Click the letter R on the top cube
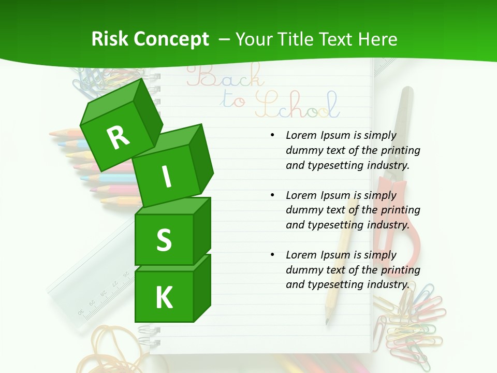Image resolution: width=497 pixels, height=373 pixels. [x=118, y=137]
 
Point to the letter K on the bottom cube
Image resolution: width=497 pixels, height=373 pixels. [x=164, y=298]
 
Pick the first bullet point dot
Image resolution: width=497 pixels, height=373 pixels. [x=272, y=136]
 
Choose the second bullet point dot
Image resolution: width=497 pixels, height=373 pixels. [x=272, y=195]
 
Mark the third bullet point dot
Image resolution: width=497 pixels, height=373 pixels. [x=272, y=255]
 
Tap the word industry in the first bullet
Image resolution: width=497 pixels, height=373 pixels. [x=388, y=166]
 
